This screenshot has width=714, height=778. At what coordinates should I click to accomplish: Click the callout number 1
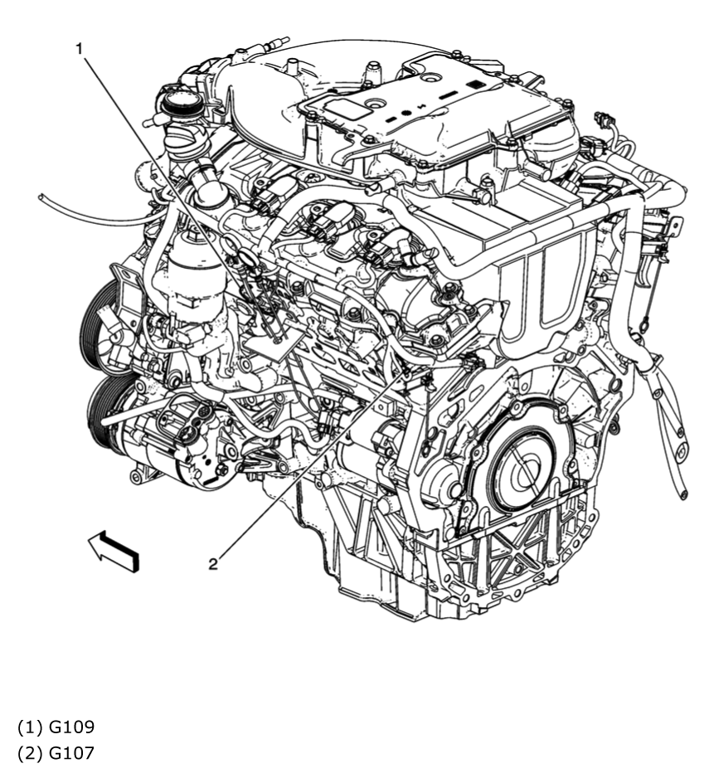pos(80,49)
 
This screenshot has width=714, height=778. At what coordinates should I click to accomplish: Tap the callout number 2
pos(213,564)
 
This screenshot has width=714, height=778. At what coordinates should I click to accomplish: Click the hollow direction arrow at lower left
pos(114,549)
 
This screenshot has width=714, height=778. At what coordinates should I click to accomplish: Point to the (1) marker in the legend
pos(31,727)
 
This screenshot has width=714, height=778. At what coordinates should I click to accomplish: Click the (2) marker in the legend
pos(31,752)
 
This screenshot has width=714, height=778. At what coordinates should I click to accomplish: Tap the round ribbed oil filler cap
pos(178,105)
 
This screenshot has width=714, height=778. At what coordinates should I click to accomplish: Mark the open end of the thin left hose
pos(41,197)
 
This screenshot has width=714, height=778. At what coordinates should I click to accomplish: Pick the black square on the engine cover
pos(476,85)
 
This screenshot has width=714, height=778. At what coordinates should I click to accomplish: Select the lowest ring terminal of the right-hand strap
pos(682,495)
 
